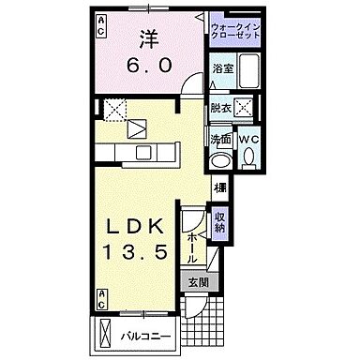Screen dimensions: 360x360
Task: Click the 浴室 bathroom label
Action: tap(222, 69)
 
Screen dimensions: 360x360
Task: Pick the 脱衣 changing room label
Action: tap(222, 108)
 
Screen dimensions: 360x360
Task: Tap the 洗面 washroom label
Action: tap(222, 141)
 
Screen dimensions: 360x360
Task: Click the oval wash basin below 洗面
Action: tap(220, 160)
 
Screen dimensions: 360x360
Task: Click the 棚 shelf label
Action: tap(219, 187)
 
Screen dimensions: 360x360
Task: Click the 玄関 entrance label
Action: tap(199, 281)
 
